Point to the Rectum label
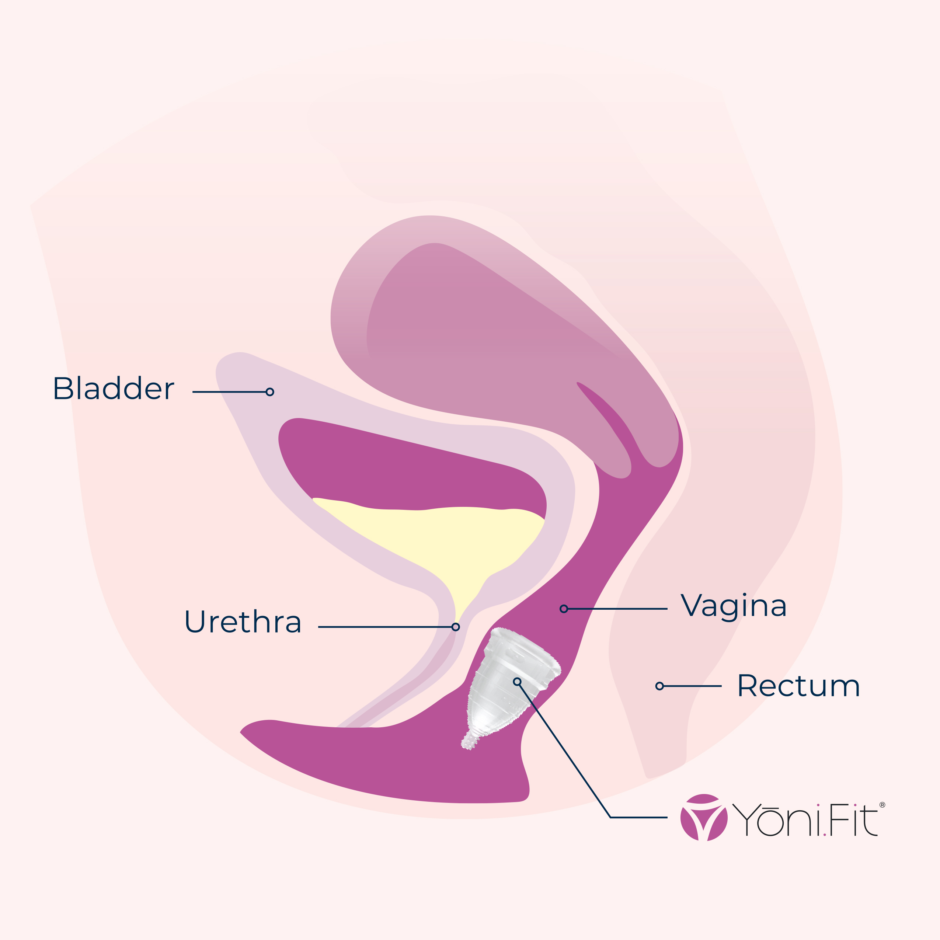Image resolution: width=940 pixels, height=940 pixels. pos(798,686)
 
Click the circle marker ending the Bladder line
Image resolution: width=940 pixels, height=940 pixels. pos(269,391)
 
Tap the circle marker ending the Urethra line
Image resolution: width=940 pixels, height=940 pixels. pos(455,627)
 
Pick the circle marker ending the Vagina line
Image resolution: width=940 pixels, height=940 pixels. pos(563,609)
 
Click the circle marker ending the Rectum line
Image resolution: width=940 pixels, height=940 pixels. pos(659,686)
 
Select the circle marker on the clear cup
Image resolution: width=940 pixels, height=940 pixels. pos(517,682)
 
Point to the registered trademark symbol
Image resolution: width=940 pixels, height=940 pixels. pos(882,805)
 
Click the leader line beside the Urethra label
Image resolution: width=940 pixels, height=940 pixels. pos(384,627)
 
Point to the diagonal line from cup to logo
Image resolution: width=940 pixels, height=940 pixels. pos(564,749)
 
